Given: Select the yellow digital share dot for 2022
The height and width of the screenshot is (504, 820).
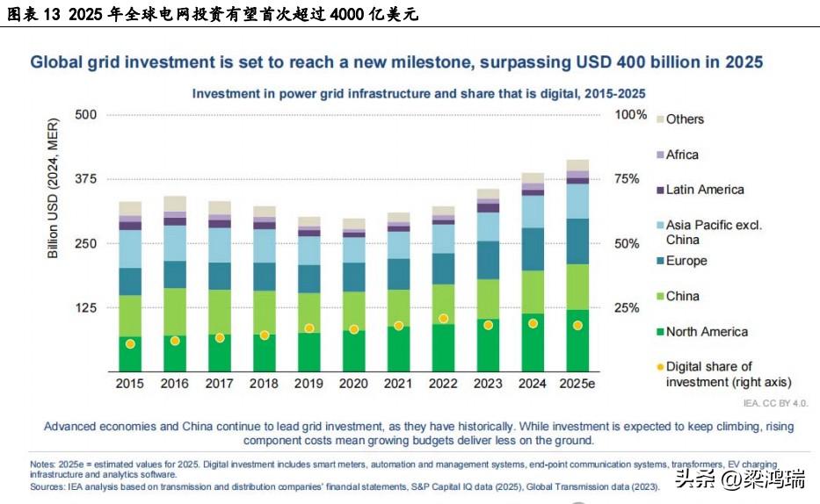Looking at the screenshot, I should (x=443, y=319).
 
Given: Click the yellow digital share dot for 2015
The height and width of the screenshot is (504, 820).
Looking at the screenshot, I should (x=130, y=343).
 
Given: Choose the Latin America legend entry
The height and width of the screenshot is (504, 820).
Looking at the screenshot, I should (x=705, y=190).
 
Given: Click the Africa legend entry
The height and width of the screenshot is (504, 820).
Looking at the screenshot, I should (x=682, y=155).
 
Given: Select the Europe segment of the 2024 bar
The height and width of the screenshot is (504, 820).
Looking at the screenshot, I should (x=533, y=249).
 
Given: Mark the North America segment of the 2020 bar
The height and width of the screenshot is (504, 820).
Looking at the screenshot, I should (x=354, y=351).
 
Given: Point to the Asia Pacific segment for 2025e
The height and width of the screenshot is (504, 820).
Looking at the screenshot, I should (x=577, y=201).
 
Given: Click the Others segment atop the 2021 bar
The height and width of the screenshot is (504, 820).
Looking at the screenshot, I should (x=399, y=217).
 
